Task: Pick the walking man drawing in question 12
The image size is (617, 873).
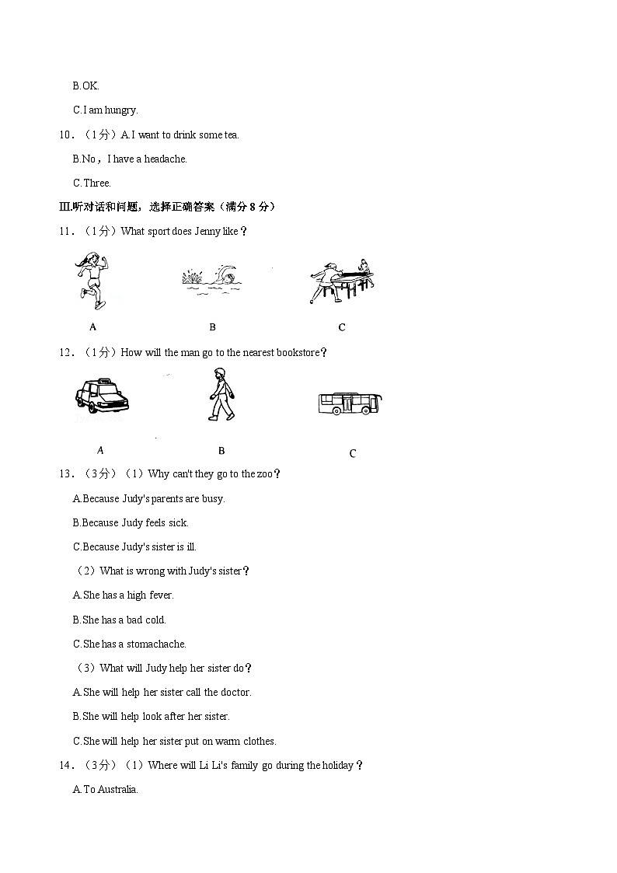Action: pos(221,394)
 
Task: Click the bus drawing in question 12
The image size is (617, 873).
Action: pos(350,403)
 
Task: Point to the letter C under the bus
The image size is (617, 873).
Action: pos(352,453)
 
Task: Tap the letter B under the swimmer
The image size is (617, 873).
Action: pos(212,327)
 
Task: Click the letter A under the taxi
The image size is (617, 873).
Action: pos(100,449)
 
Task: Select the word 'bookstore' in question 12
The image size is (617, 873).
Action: pos(298,352)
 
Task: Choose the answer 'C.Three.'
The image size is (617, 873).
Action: pos(92,183)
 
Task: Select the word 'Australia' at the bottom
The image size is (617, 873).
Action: pos(117,789)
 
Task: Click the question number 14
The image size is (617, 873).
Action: pos(66,765)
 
